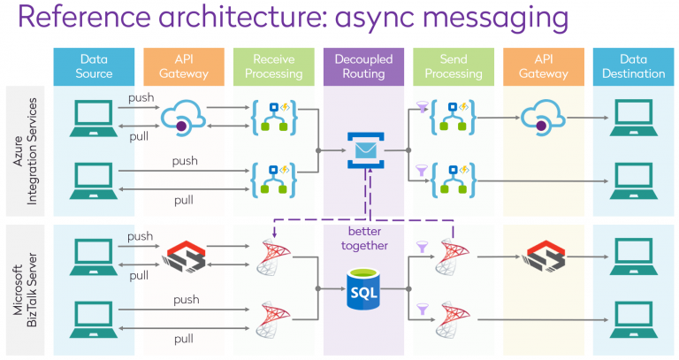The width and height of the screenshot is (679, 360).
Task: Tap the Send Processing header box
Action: click(x=453, y=66)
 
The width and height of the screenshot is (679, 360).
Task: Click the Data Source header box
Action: click(x=94, y=66)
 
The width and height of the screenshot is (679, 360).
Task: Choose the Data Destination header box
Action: click(x=632, y=66)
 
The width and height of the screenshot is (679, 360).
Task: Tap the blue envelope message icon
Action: click(x=363, y=149)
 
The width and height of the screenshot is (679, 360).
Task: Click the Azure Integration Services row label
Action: click(x=25, y=151)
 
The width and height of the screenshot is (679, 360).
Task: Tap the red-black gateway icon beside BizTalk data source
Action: click(x=184, y=257)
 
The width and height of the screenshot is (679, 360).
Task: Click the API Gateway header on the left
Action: click(x=183, y=66)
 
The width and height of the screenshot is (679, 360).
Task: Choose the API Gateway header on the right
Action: click(x=542, y=66)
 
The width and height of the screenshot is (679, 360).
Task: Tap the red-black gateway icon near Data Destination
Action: click(x=542, y=257)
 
